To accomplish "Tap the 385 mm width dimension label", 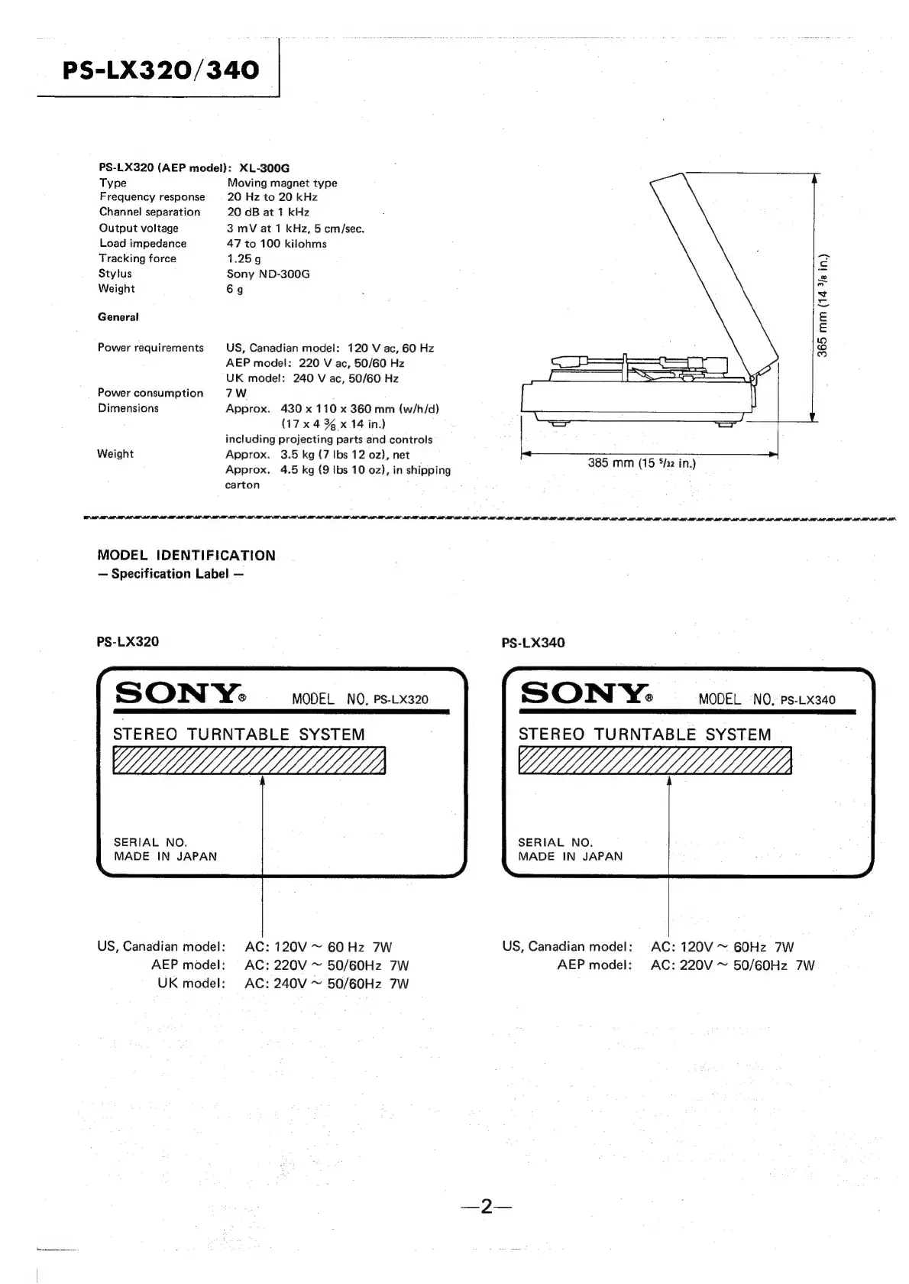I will (x=642, y=463).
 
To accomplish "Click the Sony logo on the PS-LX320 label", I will (x=179, y=694).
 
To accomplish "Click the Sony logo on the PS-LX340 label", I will (x=585, y=694).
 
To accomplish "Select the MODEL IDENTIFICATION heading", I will (x=186, y=556).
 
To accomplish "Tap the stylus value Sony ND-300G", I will (x=268, y=274).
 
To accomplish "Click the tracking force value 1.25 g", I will (x=244, y=258).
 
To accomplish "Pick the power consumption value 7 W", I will (x=236, y=393).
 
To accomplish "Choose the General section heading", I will (x=118, y=317).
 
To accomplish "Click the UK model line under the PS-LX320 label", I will (x=283, y=984).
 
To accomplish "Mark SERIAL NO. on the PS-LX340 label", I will (x=555, y=842).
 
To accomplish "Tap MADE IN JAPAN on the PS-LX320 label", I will (x=165, y=857).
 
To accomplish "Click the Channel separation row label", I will (x=150, y=212).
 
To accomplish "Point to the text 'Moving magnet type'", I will (x=282, y=183).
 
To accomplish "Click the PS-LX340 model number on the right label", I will (x=808, y=700).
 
